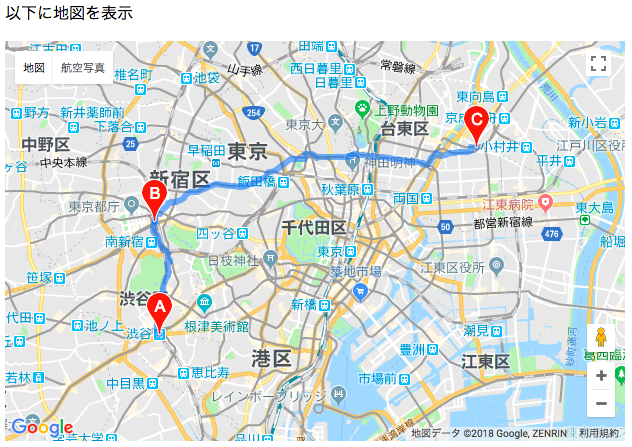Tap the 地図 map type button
[34, 68]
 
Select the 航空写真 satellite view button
[82, 68]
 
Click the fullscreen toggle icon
[599, 65]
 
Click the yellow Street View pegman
[600, 337]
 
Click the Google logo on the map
[42, 427]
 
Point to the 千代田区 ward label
[314, 227]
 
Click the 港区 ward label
[271, 358]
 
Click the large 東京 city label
[247, 151]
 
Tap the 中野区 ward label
[46, 144]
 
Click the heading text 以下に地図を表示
[69, 13]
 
